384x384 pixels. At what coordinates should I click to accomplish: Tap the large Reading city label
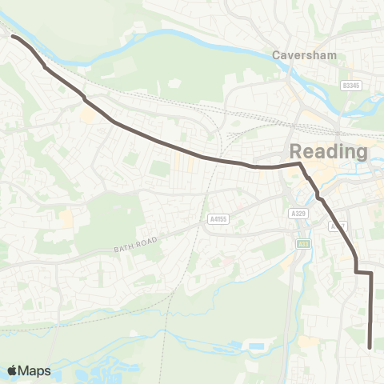(328, 151)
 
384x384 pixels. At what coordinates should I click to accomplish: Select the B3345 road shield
(350, 85)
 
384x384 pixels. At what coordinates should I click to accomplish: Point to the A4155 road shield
(217, 218)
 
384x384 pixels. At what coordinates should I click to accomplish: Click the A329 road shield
(298, 213)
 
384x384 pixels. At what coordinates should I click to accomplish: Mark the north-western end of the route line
(14, 36)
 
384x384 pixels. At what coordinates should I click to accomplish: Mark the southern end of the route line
(370, 347)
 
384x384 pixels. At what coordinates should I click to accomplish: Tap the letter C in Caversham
(277, 56)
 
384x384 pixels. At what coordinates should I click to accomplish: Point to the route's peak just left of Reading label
(299, 164)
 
